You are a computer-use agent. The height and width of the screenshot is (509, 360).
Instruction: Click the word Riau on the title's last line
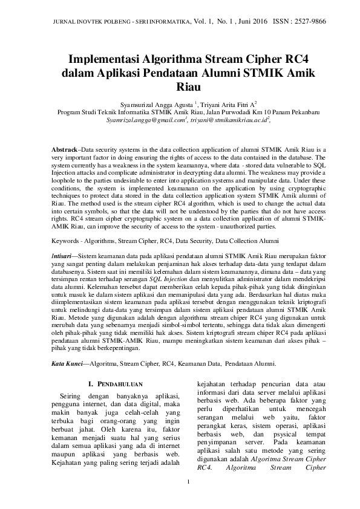tap(180, 87)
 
